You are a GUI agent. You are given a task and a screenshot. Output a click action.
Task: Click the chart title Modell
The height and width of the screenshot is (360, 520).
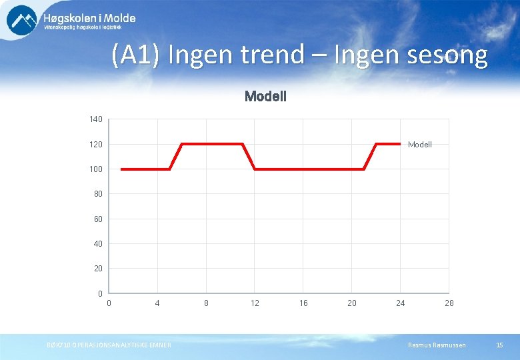point(265,97)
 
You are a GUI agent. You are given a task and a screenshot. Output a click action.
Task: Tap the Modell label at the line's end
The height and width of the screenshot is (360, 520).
point(420,145)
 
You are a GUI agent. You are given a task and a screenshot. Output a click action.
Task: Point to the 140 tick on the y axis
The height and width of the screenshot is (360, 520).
point(96,119)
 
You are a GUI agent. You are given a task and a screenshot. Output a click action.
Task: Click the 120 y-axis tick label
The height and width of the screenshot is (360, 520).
point(96,145)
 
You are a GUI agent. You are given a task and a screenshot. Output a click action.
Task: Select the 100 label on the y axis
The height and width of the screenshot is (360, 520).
point(96,169)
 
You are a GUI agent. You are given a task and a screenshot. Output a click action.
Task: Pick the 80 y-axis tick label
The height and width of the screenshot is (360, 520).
point(98,194)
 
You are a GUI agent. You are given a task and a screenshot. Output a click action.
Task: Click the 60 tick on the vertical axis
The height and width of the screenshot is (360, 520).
point(98,219)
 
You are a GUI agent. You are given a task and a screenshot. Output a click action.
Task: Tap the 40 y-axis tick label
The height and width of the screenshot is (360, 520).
point(98,244)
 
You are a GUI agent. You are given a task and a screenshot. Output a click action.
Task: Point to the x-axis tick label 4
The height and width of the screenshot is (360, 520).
point(157,303)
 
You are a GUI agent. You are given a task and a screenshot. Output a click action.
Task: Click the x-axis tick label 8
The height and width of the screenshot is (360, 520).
point(206,303)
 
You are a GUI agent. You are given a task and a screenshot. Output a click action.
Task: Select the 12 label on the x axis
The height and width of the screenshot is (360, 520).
point(255,303)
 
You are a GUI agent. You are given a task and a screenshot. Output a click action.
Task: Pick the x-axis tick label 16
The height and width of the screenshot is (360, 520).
point(303,303)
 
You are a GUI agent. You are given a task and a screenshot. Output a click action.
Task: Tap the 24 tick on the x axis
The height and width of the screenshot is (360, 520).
point(400,303)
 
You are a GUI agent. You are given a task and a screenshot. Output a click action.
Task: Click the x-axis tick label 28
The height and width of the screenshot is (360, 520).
point(449,303)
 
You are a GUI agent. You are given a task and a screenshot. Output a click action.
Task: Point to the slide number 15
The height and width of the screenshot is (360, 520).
point(500,345)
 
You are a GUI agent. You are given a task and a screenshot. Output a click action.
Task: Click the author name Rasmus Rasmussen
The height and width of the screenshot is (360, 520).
point(438,345)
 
